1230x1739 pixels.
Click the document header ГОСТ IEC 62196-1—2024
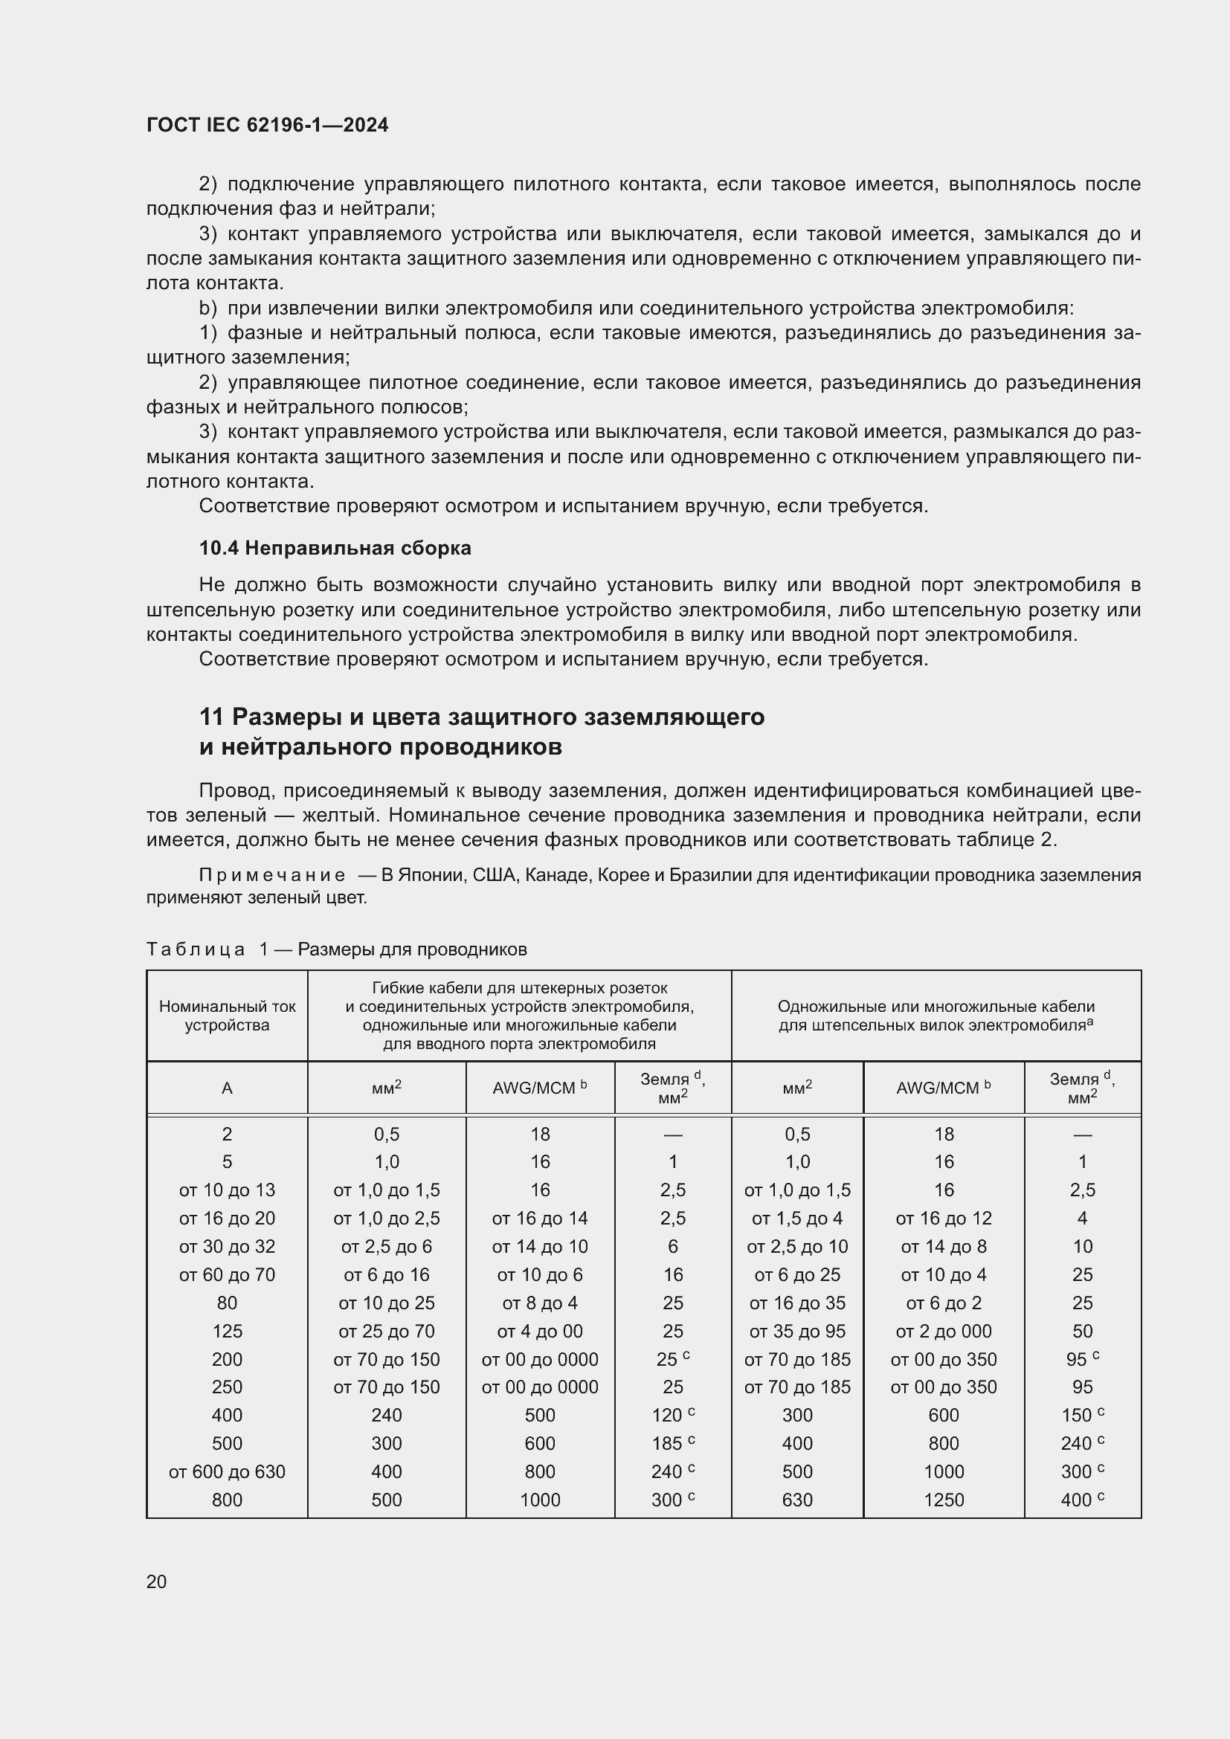267,125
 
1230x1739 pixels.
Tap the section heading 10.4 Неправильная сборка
335,548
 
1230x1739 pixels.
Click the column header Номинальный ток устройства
228,1016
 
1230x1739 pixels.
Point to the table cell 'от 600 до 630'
228,1471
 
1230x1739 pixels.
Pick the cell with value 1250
944,1500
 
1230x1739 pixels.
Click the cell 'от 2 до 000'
944,1331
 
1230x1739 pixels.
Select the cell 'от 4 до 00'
540,1331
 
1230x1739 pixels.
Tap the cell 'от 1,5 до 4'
796,1218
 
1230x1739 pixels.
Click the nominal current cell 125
228,1331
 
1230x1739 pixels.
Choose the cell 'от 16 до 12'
944,1218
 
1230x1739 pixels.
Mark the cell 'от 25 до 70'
386,1331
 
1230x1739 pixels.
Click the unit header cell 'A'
228,1088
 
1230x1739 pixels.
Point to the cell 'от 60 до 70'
228,1275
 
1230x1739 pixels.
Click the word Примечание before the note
272,876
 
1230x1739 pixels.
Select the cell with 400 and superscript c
1082,1500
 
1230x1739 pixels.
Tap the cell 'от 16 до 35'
796,1303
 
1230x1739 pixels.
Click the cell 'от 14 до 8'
944,1247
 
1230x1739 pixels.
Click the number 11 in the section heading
211,717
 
